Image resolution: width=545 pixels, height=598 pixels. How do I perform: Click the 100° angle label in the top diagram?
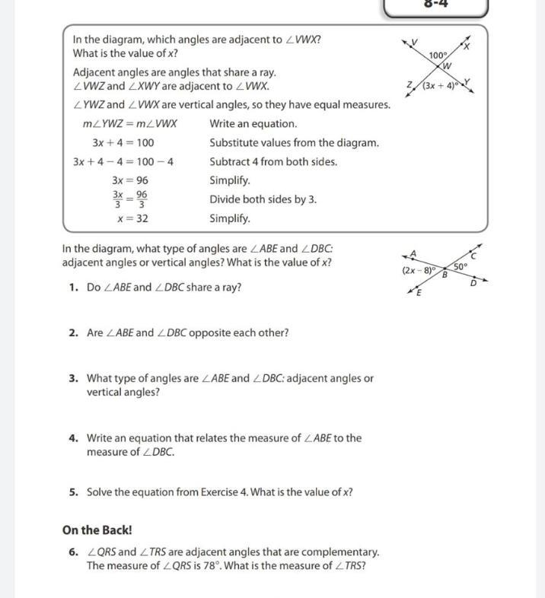438,56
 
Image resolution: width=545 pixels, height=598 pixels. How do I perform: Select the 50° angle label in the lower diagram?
461,266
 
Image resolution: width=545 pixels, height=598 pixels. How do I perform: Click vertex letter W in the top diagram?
448,65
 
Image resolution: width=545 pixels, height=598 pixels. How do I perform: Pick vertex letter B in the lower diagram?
445,275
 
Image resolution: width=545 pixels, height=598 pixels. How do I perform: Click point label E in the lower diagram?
419,293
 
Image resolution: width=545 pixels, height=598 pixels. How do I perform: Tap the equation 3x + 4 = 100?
123,142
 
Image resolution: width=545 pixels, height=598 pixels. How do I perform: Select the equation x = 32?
132,218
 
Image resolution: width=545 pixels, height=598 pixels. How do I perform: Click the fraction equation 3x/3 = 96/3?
130,199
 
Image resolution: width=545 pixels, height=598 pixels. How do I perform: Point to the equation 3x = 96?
130,180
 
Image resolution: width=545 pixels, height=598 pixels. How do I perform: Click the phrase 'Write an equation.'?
253,123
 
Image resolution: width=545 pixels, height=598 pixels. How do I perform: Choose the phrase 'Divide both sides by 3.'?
263,199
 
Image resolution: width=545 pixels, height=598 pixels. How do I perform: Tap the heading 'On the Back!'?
97,530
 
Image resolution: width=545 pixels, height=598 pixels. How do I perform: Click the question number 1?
73,288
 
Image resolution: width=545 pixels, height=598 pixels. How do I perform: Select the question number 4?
73,438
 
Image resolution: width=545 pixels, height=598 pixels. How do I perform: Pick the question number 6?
73,552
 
